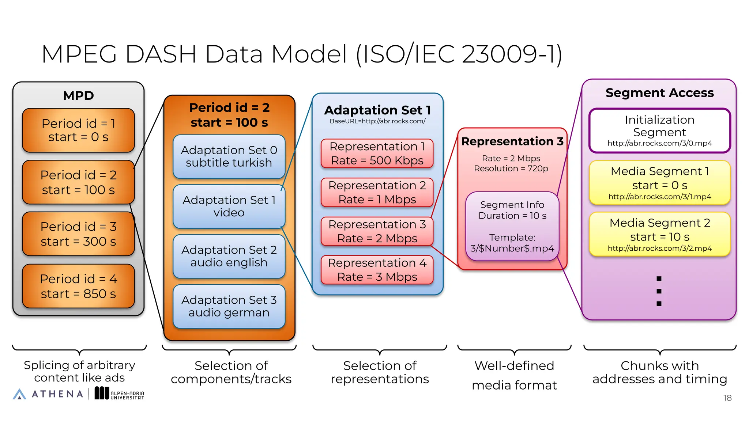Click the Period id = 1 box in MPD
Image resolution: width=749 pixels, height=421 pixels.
[x=78, y=130]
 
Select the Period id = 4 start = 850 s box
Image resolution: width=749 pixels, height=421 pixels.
[x=78, y=286]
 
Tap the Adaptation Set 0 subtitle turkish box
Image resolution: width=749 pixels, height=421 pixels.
[x=229, y=156]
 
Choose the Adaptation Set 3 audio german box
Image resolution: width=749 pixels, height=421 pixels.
[x=229, y=306]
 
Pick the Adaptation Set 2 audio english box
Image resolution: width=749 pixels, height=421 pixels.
[x=229, y=256]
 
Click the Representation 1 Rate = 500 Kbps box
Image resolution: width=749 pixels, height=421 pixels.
[x=377, y=153]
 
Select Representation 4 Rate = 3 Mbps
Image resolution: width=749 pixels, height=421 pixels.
[x=377, y=270]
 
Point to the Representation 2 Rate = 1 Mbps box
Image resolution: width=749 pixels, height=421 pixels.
[x=377, y=193]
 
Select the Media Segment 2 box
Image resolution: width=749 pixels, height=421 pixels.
[x=659, y=234]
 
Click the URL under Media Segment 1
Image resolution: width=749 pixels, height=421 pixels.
[x=659, y=197]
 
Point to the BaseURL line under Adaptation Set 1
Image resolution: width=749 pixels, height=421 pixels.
[x=377, y=121]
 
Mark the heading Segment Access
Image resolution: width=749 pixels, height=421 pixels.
[x=659, y=93]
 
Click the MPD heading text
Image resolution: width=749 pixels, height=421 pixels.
[x=78, y=96]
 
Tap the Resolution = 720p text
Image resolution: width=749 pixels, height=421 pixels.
[x=511, y=169]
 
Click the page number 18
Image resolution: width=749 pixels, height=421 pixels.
[x=727, y=398]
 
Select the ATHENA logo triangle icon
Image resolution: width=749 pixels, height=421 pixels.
[x=19, y=394]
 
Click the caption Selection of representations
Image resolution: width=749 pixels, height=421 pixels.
[x=380, y=372]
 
